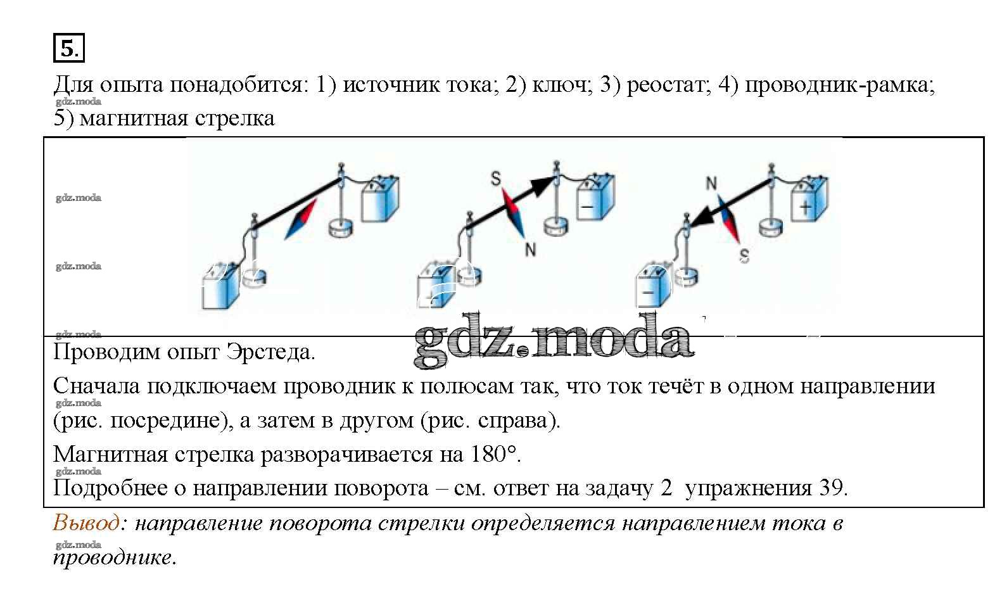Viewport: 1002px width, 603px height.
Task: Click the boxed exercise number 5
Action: point(69,48)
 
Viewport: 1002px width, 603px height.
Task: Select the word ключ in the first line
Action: point(561,84)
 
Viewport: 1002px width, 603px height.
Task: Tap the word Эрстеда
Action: point(270,352)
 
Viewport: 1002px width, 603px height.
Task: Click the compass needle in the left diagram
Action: point(301,219)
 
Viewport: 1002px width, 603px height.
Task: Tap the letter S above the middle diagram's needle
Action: point(496,179)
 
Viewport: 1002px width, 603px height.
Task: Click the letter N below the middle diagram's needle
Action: point(530,249)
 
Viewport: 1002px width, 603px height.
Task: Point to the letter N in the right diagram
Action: point(711,183)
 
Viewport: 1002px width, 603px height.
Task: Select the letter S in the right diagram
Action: point(744,256)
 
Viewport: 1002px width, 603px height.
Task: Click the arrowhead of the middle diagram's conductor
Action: point(542,185)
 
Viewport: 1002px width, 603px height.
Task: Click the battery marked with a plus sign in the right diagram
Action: point(809,199)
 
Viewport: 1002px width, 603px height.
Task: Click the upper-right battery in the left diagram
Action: point(380,199)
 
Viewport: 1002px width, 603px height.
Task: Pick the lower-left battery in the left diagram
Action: point(220,286)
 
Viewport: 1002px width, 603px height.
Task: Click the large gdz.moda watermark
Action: point(554,340)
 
